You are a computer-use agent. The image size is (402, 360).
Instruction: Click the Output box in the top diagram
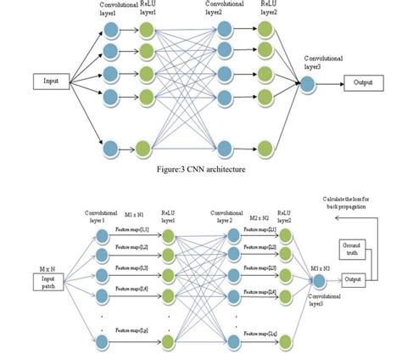pyautogui.click(x=364, y=82)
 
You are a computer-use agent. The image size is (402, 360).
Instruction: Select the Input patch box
pyautogui.click(x=34, y=281)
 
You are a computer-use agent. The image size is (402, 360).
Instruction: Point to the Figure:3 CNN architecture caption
pyautogui.click(x=201, y=169)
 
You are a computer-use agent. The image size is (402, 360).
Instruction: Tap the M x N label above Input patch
pyautogui.click(x=33, y=265)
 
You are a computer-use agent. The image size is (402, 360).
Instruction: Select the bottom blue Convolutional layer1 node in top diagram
pyautogui.click(x=110, y=150)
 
